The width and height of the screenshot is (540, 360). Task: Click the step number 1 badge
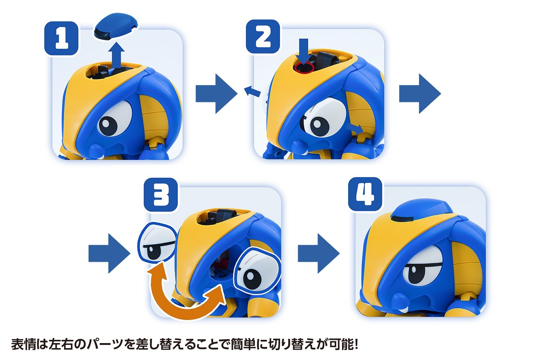(x=61, y=38)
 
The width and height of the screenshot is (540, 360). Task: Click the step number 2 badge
(x=263, y=37)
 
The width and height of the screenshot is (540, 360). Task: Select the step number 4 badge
(x=365, y=194)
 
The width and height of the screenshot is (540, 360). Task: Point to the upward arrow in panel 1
(x=117, y=56)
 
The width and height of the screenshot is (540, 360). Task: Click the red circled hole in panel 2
(x=304, y=67)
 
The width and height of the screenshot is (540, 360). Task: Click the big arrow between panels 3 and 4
(x=318, y=253)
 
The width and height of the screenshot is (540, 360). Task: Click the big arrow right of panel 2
(x=419, y=94)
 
